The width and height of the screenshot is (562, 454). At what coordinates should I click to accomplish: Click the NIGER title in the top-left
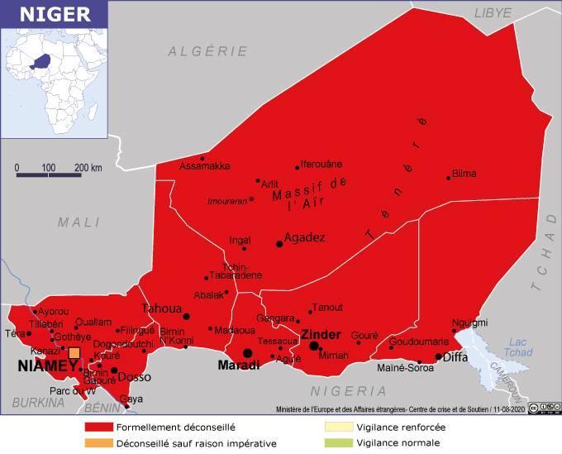point(46,14)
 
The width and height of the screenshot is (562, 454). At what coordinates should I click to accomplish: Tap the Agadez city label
point(304,237)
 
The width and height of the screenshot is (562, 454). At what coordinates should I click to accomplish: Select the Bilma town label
point(464,174)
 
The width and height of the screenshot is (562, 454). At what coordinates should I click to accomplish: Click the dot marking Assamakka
point(202,158)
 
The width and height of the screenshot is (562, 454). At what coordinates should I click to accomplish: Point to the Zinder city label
point(321,334)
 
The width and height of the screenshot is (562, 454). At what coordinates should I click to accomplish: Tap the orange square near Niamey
point(74,353)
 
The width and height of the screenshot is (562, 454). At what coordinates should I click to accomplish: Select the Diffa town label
point(455,357)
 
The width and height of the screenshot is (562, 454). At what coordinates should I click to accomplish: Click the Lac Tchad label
point(518,346)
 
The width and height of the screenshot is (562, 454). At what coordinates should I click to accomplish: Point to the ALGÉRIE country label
point(207,51)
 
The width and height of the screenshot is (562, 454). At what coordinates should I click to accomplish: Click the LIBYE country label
point(493,12)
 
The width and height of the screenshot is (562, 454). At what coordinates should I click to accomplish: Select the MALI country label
point(79,222)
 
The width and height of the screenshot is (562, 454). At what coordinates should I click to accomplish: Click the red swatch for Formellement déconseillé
point(98,428)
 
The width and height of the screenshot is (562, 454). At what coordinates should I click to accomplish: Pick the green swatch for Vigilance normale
point(337,442)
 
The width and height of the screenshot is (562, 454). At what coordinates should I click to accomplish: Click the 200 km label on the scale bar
point(88,168)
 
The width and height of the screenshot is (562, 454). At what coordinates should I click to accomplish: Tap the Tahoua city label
point(160,308)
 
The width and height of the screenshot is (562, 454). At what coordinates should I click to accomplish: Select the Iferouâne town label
point(321,164)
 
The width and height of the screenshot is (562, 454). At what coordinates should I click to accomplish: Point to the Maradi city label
point(238,365)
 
